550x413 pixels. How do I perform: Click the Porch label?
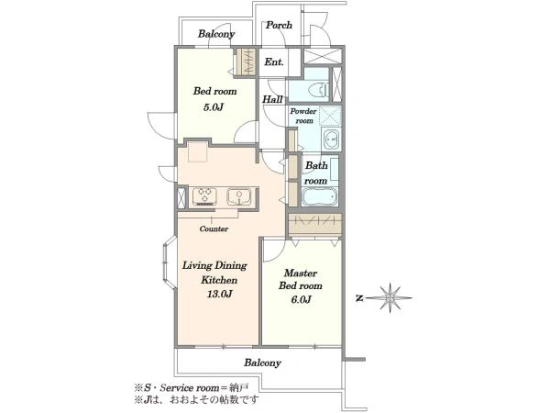pyautogui.click(x=279, y=26)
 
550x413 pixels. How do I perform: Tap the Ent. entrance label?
pyautogui.click(x=274, y=62)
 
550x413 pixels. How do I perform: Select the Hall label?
pyautogui.click(x=272, y=99)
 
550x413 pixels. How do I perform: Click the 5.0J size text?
pyautogui.click(x=214, y=107)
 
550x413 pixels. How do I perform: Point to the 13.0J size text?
pyautogui.click(x=220, y=294)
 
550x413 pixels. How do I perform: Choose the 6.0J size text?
pyautogui.click(x=301, y=299)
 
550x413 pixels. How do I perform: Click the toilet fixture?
pyautogui.click(x=318, y=89)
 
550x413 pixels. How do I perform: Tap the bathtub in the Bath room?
pyautogui.click(x=319, y=197)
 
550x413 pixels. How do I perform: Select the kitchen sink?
pyautogui.click(x=239, y=196)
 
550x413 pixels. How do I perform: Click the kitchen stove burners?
pyautogui.click(x=204, y=196)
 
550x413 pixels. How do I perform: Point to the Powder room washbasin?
pyautogui.click(x=332, y=139)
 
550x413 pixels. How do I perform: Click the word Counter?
pyautogui.click(x=214, y=229)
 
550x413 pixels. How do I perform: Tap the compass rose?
pyautogui.click(x=390, y=297)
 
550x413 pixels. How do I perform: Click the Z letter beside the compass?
pyautogui.click(x=359, y=298)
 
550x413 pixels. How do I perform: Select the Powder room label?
pyautogui.click(x=303, y=116)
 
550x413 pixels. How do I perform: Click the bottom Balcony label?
pyautogui.click(x=263, y=363)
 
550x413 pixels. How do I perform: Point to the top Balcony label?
pyautogui.click(x=216, y=34)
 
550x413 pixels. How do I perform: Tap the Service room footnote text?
pyautogui.click(x=192, y=388)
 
